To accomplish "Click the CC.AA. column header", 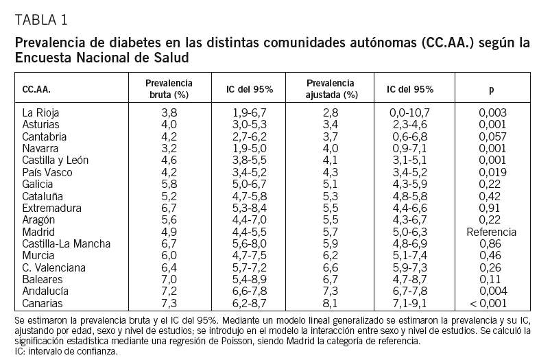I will click(36, 89).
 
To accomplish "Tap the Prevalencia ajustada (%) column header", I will click(331, 89).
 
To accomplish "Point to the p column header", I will click(491, 89).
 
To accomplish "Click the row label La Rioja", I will click(40, 112).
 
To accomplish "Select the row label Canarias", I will click(43, 304).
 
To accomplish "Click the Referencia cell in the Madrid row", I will click(491, 232).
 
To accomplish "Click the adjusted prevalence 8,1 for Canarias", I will click(331, 304).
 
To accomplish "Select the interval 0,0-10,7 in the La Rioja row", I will click(409, 112).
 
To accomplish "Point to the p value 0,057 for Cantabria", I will click(491, 136).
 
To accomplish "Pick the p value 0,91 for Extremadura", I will click(491, 208).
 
